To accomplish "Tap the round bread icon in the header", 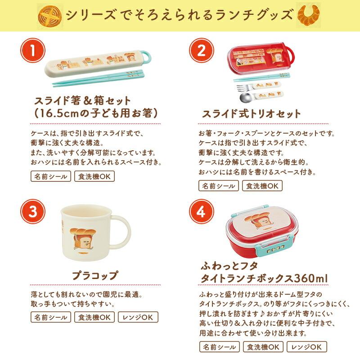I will pos(50,15).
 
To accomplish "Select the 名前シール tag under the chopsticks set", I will pos(51,176).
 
